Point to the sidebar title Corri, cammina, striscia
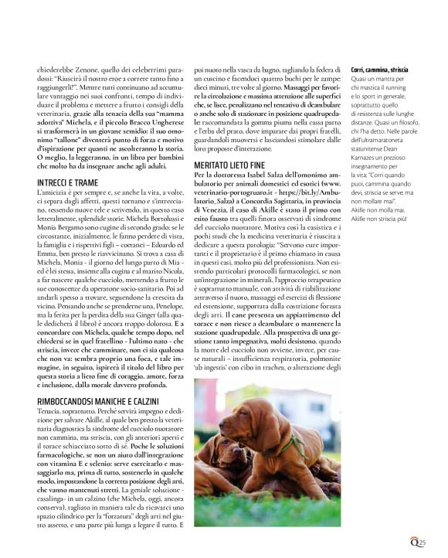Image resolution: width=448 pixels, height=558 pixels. pos(380,70)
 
